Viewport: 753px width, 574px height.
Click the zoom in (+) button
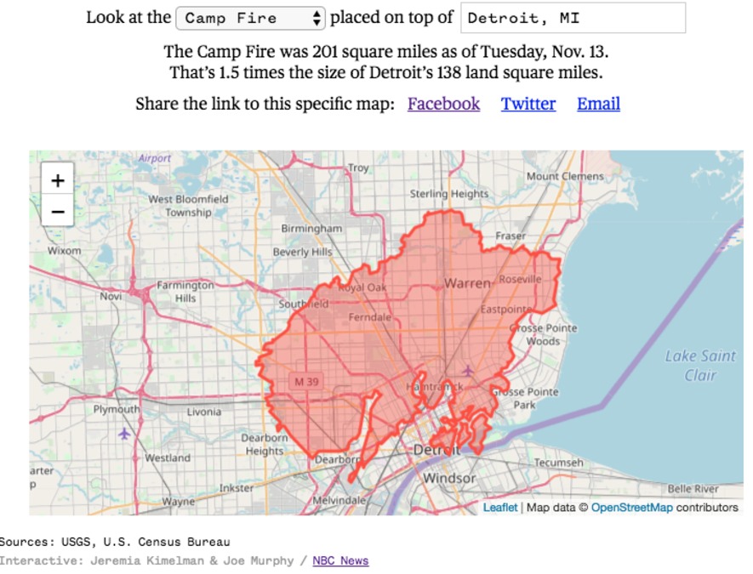[58, 180]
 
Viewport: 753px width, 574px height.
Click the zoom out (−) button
[58, 211]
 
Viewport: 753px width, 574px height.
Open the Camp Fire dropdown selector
[250, 18]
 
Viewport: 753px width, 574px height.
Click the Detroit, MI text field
[573, 18]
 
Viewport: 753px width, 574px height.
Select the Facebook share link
[443, 104]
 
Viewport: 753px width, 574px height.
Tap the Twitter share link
[528, 104]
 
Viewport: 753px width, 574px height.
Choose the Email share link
[598, 104]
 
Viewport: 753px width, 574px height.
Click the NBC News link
[340, 560]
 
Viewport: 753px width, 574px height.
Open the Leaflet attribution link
[499, 508]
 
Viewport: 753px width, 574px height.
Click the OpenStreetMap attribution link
[631, 508]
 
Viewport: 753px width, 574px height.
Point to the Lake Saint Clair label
[700, 366]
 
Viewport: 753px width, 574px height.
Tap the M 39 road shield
[306, 382]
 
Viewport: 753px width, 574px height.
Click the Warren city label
[467, 282]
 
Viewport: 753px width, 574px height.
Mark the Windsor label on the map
[449, 478]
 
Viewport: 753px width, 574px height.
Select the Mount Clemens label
[565, 177]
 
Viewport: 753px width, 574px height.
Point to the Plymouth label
[117, 409]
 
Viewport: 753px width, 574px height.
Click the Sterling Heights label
[449, 194]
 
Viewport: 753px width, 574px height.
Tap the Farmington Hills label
[185, 292]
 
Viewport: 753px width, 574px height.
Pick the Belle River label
[693, 489]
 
